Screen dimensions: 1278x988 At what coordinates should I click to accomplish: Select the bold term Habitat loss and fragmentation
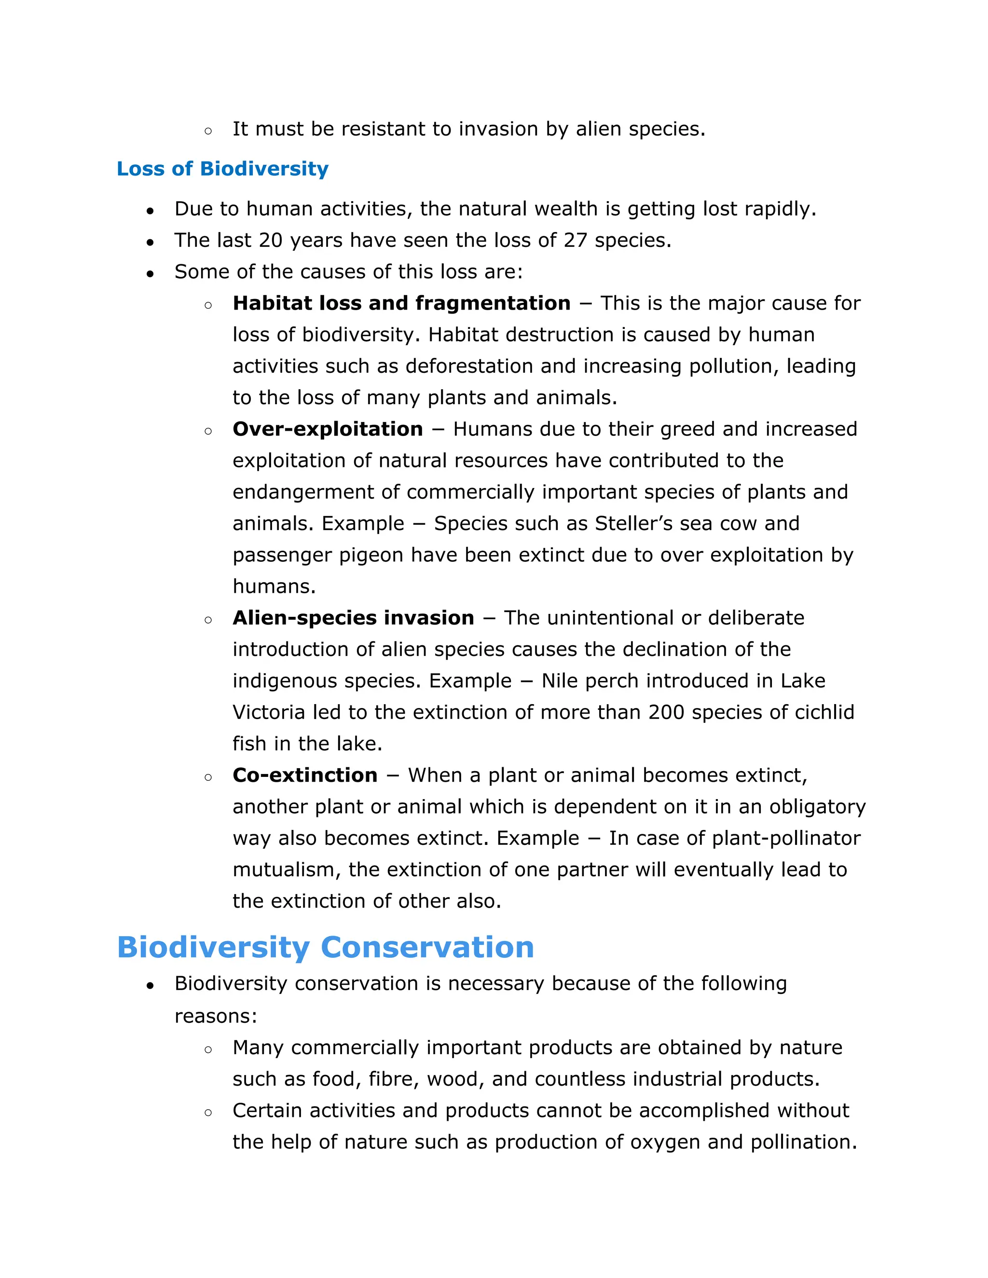tap(401, 303)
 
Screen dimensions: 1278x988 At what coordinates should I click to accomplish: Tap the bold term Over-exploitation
tap(328, 429)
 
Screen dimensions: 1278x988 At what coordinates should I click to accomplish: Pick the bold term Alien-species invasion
tap(353, 618)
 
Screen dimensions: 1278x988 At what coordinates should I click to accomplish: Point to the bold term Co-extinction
tap(305, 775)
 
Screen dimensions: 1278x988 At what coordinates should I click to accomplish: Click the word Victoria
tap(269, 712)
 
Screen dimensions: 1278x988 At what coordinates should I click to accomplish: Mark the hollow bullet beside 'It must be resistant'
tap(208, 131)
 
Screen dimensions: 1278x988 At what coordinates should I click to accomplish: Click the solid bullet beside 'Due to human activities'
tap(151, 211)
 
